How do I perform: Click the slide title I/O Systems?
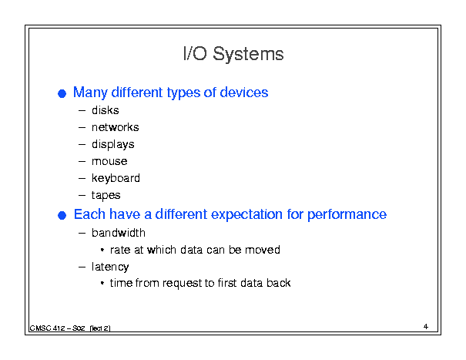tap(233, 54)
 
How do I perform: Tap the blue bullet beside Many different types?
tap(62, 94)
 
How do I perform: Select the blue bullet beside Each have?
tap(62, 215)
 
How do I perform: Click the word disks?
tap(106, 110)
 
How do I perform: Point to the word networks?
tap(116, 127)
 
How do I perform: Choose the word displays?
tap(113, 145)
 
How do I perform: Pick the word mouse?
tap(109, 161)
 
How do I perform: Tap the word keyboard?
tap(116, 179)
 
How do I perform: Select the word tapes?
tap(106, 196)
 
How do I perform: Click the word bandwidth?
tap(119, 233)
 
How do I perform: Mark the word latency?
tap(110, 267)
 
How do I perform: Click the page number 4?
tap(426, 326)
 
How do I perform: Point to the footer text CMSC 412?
tap(47, 328)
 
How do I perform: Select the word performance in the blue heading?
tap(347, 215)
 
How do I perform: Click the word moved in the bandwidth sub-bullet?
tap(263, 250)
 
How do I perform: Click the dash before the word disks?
tap(82, 111)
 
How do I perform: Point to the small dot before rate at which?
tap(102, 250)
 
